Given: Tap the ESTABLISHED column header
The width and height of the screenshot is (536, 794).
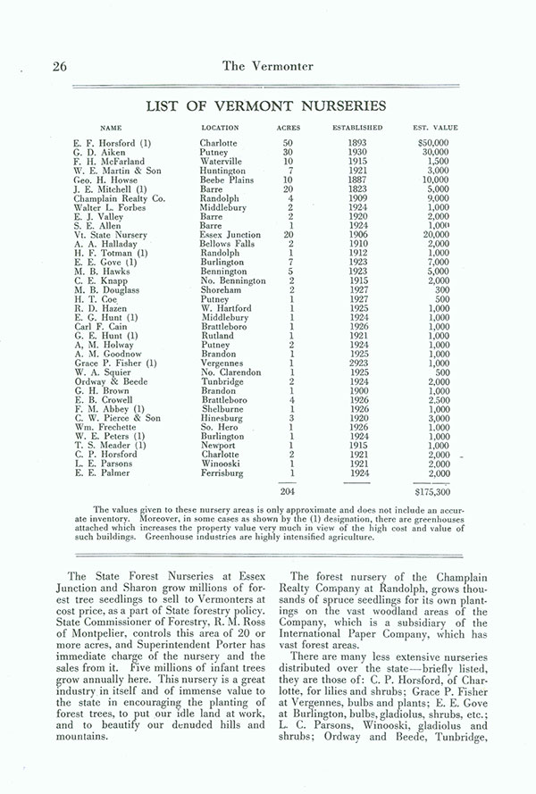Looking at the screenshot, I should coord(357,128).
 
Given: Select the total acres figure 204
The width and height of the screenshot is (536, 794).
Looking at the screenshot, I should coord(288,490).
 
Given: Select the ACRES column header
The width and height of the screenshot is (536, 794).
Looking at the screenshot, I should coord(289,128).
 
